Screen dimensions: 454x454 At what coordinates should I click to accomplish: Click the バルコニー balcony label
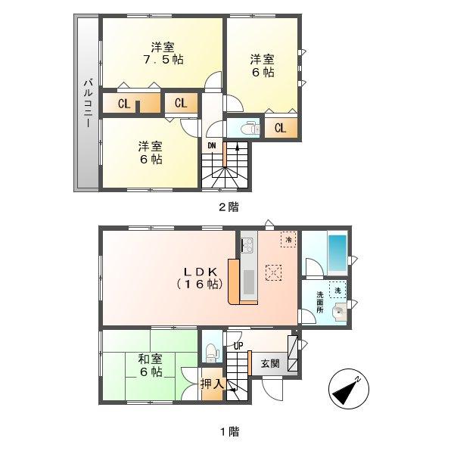[88, 104]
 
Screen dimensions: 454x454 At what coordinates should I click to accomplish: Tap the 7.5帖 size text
[160, 59]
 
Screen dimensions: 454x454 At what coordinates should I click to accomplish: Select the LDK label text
[200, 271]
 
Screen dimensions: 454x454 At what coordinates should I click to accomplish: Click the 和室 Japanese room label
[148, 359]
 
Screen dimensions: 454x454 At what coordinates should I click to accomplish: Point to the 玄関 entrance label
[270, 363]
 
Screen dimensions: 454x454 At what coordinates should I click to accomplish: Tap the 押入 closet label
[213, 384]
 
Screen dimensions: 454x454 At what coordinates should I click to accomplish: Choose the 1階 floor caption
[228, 432]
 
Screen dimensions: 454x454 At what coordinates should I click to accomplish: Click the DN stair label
[213, 146]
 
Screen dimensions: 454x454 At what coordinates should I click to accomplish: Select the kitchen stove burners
[247, 244]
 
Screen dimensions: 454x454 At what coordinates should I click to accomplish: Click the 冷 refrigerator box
[288, 239]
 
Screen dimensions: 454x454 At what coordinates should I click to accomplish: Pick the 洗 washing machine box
[337, 290]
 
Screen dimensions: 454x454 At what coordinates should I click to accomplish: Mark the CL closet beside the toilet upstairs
[280, 128]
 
